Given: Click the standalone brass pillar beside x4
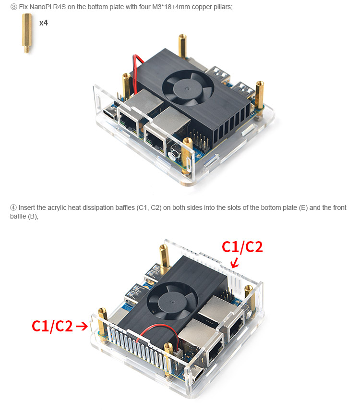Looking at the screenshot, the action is (27, 33).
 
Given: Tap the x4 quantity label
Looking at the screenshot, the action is (44, 23).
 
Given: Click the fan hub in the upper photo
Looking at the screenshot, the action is (188, 87).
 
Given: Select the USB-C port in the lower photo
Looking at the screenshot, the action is (197, 373).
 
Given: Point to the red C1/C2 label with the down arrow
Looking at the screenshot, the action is (242, 247).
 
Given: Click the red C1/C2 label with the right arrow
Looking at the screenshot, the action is (52, 326).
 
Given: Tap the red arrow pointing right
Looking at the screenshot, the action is (82, 326).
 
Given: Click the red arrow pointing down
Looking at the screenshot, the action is (234, 263).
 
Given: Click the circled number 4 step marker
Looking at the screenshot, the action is (13, 207).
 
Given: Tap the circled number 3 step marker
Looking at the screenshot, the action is (13, 7).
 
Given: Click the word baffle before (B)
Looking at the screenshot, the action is (18, 216).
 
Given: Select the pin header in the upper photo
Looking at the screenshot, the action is (200, 140).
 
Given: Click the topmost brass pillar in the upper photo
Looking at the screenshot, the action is (182, 46).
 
